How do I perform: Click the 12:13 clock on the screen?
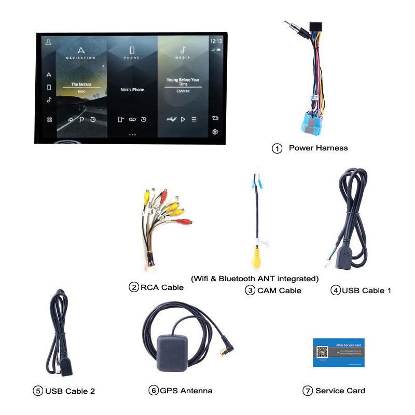point(216,40)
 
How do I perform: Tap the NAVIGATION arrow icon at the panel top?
point(80,50)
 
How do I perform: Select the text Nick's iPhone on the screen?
point(132,90)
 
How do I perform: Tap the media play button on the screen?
point(183,119)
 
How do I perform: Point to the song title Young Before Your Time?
point(183,82)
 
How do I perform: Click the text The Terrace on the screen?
point(81,84)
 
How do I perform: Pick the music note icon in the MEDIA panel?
point(183,50)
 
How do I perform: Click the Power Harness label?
point(318,148)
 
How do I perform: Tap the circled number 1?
point(277,148)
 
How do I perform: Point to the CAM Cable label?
point(279,290)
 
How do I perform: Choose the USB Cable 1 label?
point(366,290)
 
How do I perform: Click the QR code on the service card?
point(322,352)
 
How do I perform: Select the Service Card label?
point(340,391)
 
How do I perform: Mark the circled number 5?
point(38,391)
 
